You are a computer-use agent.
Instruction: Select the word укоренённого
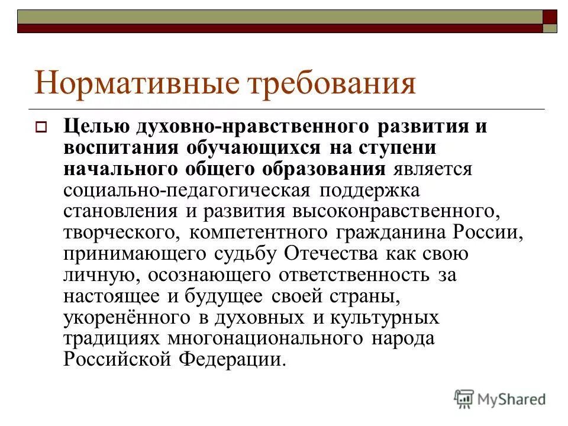127,318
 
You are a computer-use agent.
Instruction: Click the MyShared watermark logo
500,399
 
